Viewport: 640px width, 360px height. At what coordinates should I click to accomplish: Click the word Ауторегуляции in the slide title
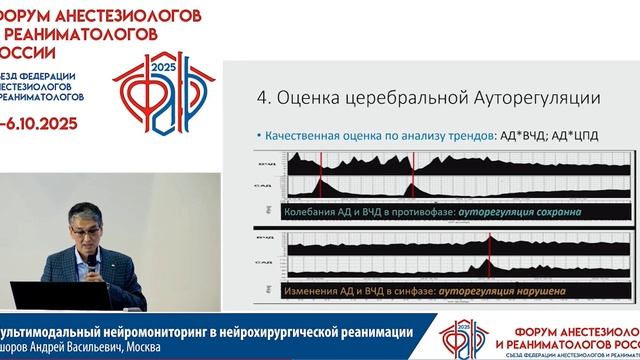[x=541, y=99]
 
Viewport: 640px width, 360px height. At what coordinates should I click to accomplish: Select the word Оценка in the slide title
[x=311, y=99]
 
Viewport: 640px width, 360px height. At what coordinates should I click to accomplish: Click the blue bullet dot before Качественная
[x=258, y=135]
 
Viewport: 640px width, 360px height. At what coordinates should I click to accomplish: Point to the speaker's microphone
[x=92, y=263]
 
